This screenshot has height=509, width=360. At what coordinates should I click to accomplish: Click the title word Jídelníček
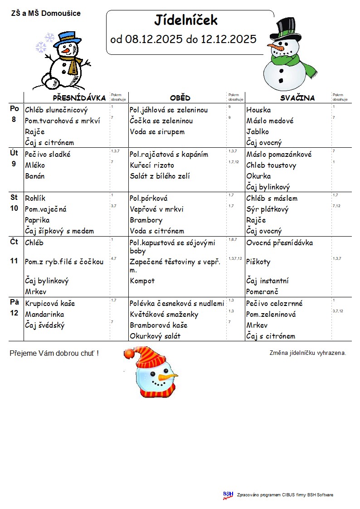coord(186,20)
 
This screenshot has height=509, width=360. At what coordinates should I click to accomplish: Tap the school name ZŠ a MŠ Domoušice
coord(46,14)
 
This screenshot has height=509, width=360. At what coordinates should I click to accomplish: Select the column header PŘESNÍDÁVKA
coord(79,98)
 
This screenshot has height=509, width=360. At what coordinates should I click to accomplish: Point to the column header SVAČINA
coord(297,98)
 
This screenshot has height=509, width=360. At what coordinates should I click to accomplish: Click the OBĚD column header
coord(180,98)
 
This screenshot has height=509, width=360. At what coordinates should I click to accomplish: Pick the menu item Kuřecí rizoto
coord(152,165)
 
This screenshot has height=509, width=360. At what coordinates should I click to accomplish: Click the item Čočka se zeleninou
coord(161,121)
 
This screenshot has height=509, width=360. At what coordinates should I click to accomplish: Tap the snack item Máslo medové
coord(270,121)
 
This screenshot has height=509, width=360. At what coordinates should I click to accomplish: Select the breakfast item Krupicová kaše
coord(50,303)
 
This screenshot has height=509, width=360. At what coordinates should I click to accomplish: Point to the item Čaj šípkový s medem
coord(59,231)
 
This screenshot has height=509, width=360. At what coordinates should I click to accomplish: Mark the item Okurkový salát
coord(155,336)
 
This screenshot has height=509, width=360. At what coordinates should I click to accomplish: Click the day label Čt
coord(14,242)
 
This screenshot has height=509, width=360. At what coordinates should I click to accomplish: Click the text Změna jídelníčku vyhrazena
coord(308,353)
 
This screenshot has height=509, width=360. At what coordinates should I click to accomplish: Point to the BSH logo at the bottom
coord(228,495)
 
